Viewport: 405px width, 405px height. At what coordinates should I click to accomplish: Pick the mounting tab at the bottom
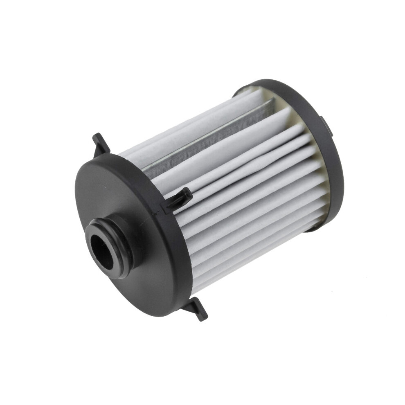pos(196,309)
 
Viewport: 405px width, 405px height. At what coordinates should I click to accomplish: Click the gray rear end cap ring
pos(323,135)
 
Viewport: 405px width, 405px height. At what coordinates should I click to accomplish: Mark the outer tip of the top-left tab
pos(95,136)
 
